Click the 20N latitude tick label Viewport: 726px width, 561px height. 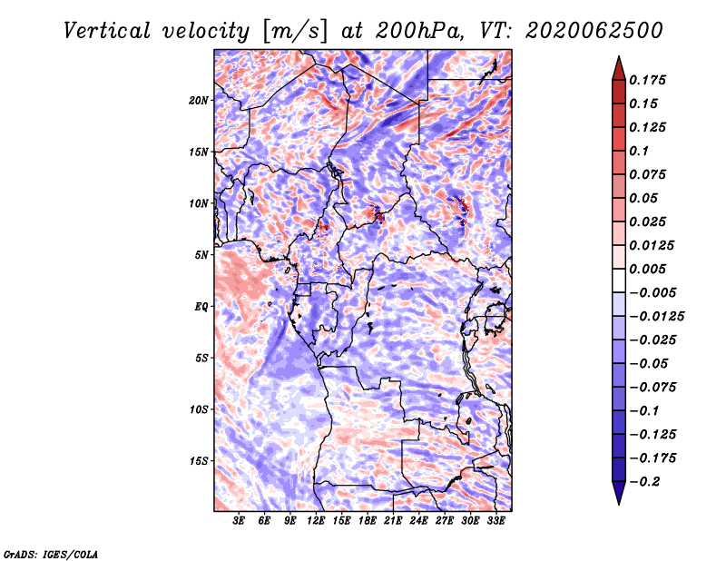click(198, 101)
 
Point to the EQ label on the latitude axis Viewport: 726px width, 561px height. click(201, 307)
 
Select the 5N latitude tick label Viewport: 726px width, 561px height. click(201, 255)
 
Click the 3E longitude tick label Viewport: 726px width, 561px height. click(239, 521)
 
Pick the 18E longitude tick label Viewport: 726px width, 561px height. click(368, 521)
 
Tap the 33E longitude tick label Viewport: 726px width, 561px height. click(495, 521)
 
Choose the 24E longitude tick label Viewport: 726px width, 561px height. click(418, 521)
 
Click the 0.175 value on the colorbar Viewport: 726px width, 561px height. click(647, 80)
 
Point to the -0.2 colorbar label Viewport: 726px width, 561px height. click(644, 482)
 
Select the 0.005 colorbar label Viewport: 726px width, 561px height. click(647, 269)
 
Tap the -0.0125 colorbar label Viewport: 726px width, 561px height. click(656, 317)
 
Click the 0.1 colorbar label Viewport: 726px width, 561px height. click(639, 151)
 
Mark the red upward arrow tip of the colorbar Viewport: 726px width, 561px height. click(619, 56)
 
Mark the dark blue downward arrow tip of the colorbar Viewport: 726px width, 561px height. click(619, 504)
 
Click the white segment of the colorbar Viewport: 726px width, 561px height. click(619, 280)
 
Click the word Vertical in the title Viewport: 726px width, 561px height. click(107, 31)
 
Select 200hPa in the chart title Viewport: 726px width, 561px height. click(418, 31)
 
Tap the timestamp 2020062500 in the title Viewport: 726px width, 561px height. click(594, 31)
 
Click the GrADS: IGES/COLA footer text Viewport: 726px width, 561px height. click(51, 555)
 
